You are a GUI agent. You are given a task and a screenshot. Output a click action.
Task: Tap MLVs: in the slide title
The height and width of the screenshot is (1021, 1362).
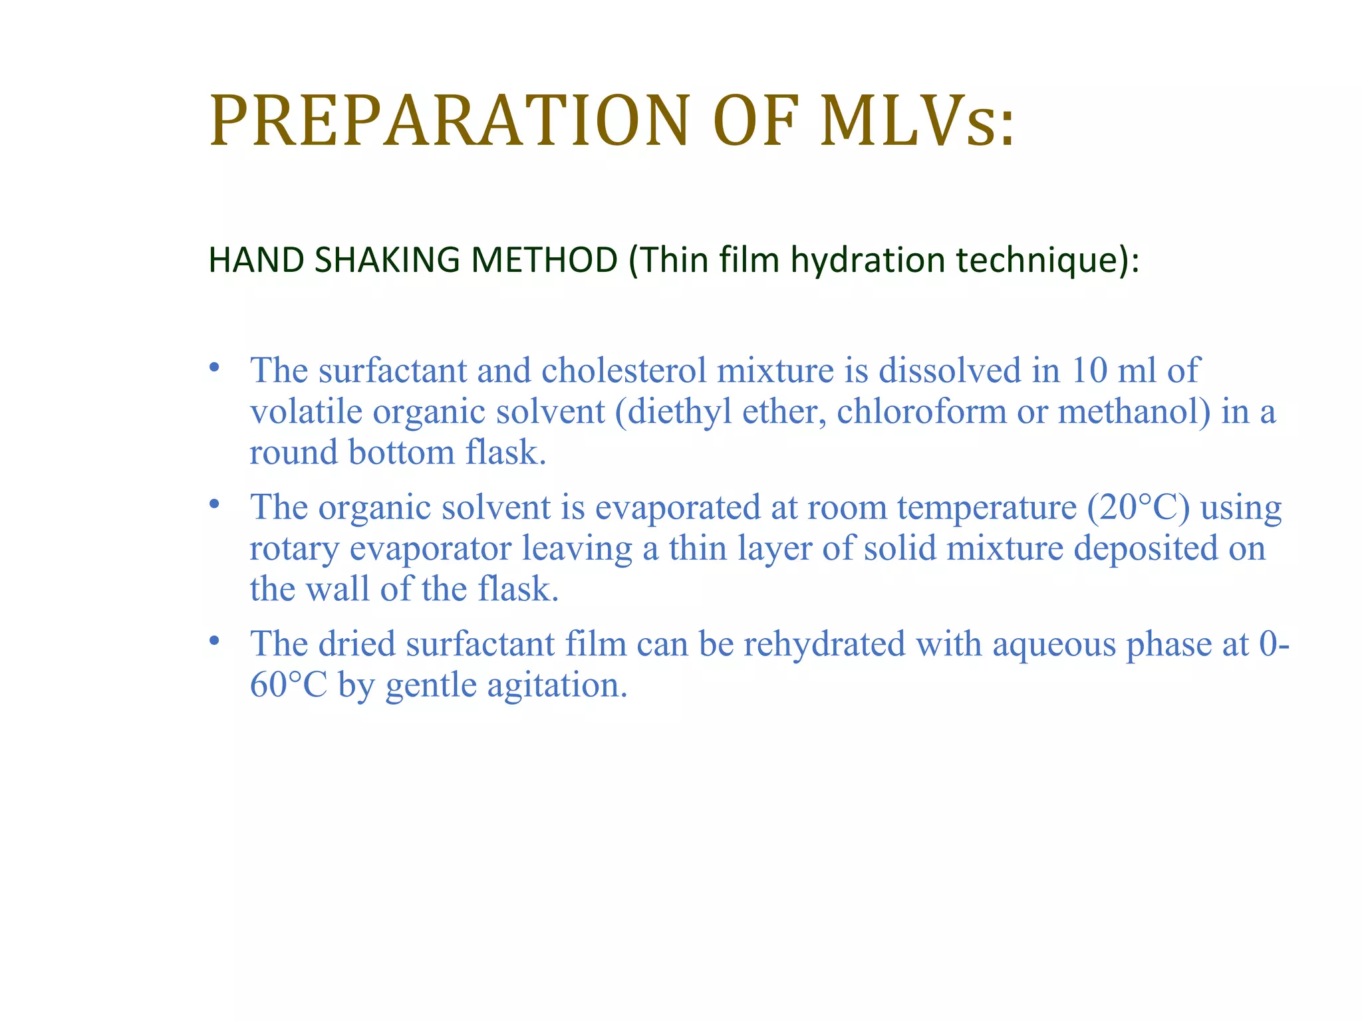pos(918,121)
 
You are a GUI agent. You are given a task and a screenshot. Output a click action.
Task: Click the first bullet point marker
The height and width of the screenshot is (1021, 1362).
pos(213,368)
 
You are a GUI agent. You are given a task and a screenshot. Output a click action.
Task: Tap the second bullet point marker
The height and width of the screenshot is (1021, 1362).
pos(213,505)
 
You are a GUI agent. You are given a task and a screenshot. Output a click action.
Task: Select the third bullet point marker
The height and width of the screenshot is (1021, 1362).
pos(213,641)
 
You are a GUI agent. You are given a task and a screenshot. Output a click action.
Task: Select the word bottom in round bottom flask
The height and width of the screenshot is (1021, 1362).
pos(402,453)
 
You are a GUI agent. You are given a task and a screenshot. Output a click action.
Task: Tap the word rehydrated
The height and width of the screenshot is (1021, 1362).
pos(825,644)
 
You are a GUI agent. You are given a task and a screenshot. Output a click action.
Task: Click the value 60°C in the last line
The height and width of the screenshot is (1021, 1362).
pos(289,685)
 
